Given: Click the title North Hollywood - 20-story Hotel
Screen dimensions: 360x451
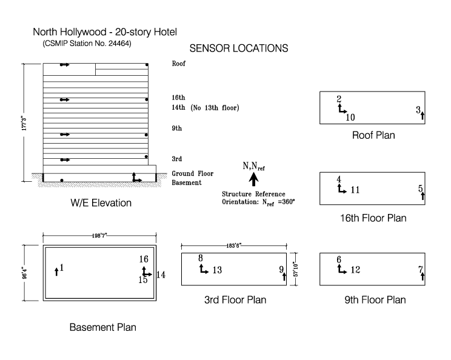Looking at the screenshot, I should pyautogui.click(x=105, y=32).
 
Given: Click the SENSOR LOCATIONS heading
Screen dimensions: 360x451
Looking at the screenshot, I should pyautogui.click(x=239, y=48).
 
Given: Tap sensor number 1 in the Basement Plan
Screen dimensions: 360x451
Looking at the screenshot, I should pyautogui.click(x=61, y=267).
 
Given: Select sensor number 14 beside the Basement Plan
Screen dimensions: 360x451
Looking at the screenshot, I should pyautogui.click(x=161, y=275).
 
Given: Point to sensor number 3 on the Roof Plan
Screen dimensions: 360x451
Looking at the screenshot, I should pyautogui.click(x=418, y=110).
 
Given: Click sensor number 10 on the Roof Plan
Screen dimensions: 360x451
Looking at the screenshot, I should pyautogui.click(x=350, y=118).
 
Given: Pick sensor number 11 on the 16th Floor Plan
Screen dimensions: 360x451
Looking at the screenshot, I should pyautogui.click(x=355, y=190).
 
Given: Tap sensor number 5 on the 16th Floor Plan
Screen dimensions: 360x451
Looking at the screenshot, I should pyautogui.click(x=421, y=189).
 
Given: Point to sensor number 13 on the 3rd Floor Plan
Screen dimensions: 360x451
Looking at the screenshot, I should pyautogui.click(x=217, y=270).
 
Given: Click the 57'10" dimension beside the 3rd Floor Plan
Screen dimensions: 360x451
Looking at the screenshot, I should pyautogui.click(x=296, y=265).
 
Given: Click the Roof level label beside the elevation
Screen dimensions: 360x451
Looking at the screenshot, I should pyautogui.click(x=178, y=64).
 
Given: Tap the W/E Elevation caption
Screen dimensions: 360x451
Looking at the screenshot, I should pyautogui.click(x=101, y=203).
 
